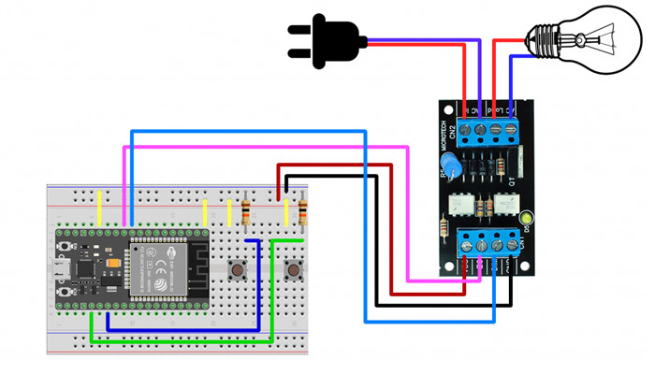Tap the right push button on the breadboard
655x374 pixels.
292,271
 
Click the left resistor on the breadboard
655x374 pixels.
246,212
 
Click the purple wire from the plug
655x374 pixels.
421,42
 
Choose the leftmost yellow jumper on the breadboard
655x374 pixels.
100,207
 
